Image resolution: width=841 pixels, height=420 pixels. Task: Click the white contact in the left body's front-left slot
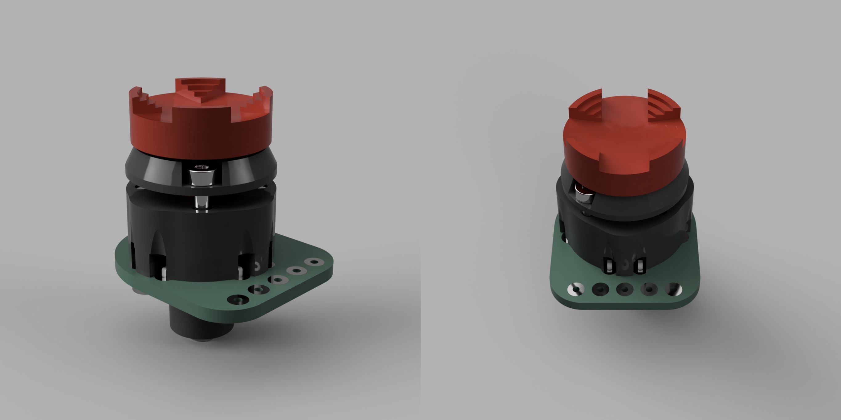163,273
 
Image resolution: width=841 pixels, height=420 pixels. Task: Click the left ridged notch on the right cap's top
586,109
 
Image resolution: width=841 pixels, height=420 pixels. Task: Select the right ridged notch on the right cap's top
663,109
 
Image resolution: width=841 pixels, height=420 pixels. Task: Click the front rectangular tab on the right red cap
624,163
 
